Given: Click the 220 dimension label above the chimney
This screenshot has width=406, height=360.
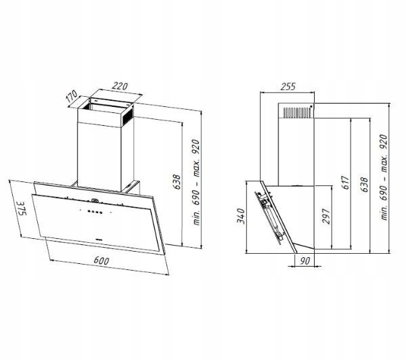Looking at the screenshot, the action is pyautogui.click(x=120, y=86).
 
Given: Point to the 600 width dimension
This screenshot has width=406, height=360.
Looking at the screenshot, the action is pyautogui.click(x=101, y=261).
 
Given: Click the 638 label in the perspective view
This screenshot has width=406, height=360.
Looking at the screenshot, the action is pyautogui.click(x=177, y=182).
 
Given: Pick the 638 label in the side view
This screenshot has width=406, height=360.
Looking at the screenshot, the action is pyautogui.click(x=364, y=185).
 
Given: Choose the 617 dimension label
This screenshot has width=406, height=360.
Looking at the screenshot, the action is pyautogui.click(x=346, y=182).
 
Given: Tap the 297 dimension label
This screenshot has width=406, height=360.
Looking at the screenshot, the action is pyautogui.click(x=326, y=216).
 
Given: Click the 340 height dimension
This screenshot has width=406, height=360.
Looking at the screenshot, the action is pyautogui.click(x=241, y=216).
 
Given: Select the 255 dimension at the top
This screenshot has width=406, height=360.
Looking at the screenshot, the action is pyautogui.click(x=288, y=86).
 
